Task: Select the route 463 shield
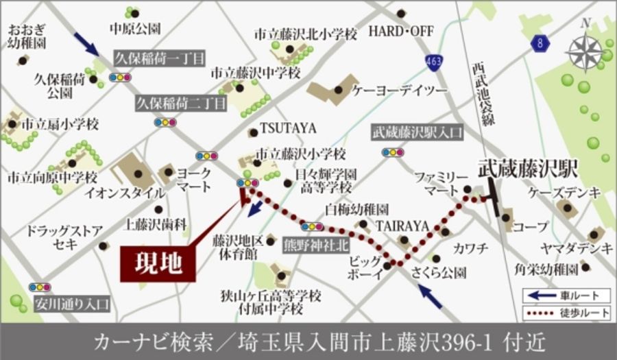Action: (432, 61)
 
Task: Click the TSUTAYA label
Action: (287, 128)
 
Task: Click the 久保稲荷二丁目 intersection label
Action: (180, 104)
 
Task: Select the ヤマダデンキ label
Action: (576, 250)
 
